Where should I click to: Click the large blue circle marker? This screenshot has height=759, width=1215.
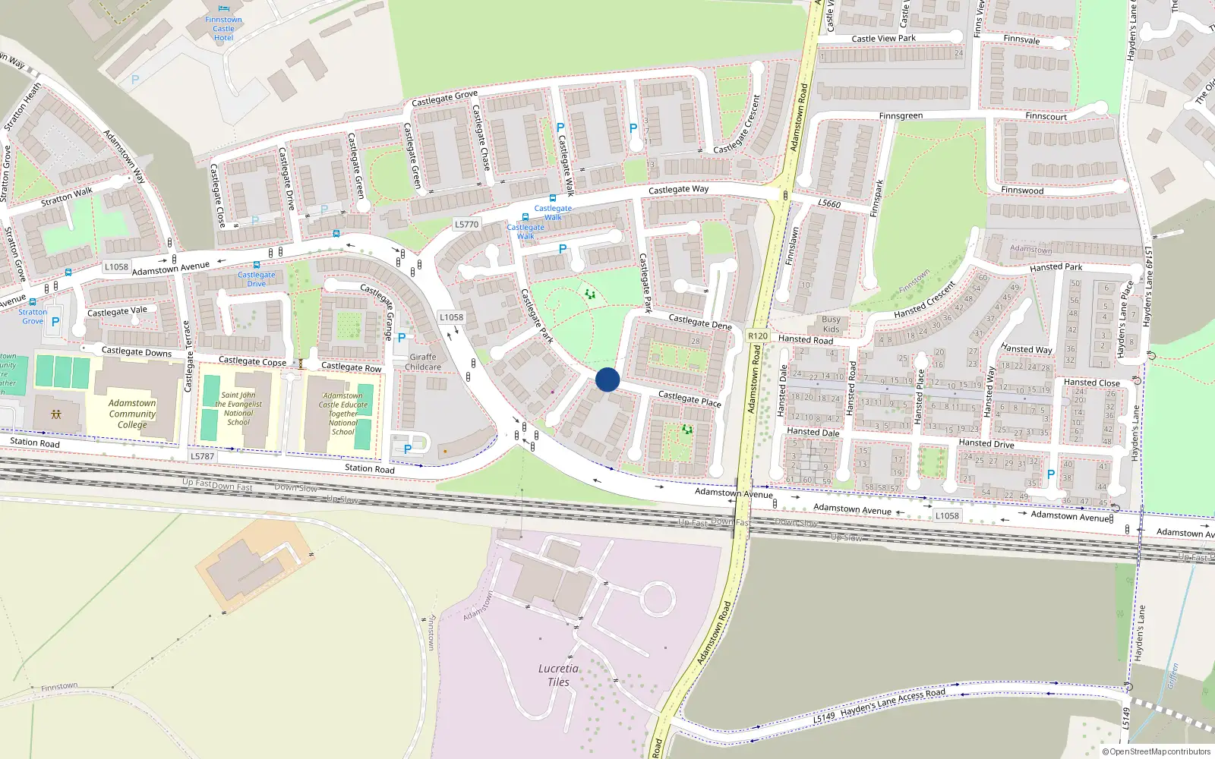pos(607,379)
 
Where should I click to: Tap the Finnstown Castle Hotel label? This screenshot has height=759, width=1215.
pos(223,29)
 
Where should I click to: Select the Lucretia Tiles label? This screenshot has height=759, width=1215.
pos(558,675)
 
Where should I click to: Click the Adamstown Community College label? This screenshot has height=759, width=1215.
pos(132,414)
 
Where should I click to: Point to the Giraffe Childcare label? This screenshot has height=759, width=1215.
pos(423,362)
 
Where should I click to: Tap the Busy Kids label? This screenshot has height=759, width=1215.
pos(831,324)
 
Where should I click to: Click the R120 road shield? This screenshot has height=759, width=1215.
pos(758,335)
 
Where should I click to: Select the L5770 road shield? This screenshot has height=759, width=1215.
pos(466,224)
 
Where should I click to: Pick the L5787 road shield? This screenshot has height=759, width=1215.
pos(202,456)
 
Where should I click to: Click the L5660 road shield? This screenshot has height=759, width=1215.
pos(829,203)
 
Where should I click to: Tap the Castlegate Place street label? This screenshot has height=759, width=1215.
pos(690,398)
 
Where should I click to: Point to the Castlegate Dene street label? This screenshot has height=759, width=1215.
pos(700,322)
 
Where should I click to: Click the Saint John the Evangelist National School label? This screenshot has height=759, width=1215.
pos(238,408)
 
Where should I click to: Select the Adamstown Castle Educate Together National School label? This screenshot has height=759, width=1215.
pos(342,414)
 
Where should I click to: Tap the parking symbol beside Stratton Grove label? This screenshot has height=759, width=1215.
pos(55,322)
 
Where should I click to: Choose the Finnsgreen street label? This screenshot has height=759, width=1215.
pos(901,116)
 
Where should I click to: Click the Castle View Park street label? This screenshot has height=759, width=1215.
pos(883,38)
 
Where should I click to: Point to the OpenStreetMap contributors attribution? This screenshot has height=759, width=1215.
pos(1157,751)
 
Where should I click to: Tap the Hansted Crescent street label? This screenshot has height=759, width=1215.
pos(924,301)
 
